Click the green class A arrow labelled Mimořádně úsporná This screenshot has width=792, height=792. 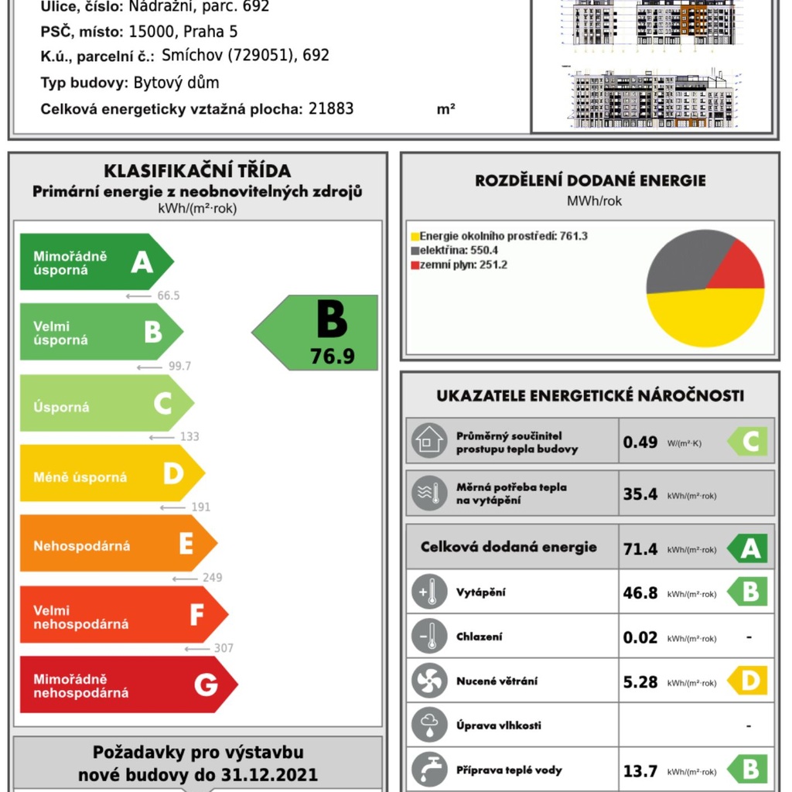point(93,262)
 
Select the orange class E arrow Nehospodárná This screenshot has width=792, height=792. point(116,544)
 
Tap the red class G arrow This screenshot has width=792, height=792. point(124,685)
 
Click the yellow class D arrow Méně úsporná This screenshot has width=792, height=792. point(108,474)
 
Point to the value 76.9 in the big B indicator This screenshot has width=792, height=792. point(332,357)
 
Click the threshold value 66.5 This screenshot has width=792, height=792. point(168,295)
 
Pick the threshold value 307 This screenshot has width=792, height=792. point(224,648)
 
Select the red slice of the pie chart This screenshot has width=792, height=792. point(739,267)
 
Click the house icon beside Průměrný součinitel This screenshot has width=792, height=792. point(428,441)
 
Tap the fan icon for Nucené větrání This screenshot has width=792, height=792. point(428,681)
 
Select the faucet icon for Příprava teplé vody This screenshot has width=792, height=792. point(428,770)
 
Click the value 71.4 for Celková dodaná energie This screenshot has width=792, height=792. point(640,549)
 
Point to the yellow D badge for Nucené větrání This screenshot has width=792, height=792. point(749,681)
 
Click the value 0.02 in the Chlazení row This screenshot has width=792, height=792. point(640,638)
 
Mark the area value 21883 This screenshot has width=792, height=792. point(331,109)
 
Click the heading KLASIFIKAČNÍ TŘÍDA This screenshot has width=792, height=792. point(197,171)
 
